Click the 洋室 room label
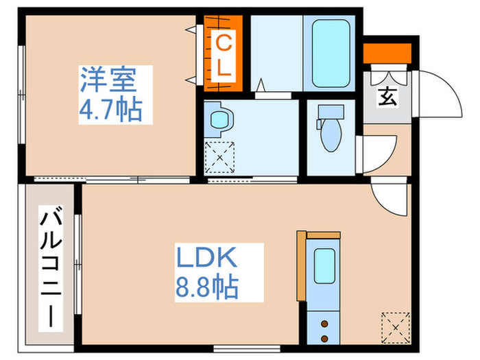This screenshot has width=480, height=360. (x=110, y=82)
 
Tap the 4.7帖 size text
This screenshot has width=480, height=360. (x=110, y=110)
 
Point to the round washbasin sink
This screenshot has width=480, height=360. (x=220, y=121)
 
